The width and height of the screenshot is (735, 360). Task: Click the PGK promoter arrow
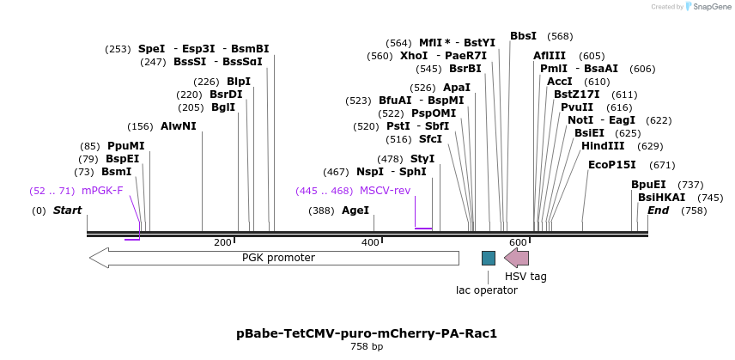(275, 258)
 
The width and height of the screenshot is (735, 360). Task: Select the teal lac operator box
(489, 258)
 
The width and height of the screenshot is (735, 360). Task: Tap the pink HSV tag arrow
(517, 258)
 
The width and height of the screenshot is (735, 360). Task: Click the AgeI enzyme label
(355, 211)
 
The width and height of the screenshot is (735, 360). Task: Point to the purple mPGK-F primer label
(102, 191)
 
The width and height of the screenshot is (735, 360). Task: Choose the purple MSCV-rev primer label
(385, 191)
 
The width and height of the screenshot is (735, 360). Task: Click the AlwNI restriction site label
(179, 126)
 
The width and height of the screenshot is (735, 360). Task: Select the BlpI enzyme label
(239, 82)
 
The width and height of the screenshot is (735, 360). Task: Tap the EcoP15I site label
(612, 165)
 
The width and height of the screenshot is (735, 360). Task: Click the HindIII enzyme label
(603, 146)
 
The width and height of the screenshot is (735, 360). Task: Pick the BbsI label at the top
(523, 36)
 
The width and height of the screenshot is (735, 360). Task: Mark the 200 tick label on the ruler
(222, 243)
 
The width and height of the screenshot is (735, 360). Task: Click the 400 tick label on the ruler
(370, 243)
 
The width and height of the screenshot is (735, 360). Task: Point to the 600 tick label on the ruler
(518, 243)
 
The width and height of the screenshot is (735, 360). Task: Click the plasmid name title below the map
(367, 333)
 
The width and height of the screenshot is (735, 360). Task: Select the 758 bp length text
(367, 347)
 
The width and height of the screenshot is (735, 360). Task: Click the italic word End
(659, 211)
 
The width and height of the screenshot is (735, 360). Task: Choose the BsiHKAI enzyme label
(662, 198)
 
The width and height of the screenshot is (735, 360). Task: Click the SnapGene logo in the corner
(707, 7)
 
